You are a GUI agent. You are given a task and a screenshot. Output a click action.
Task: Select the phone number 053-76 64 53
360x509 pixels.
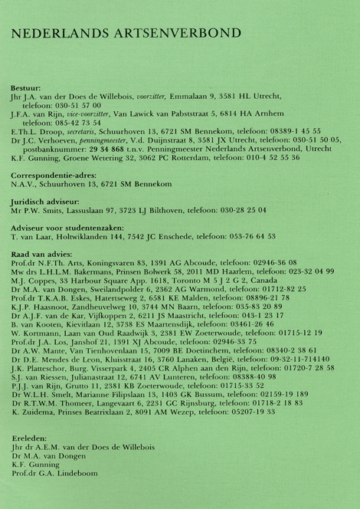(x=248, y=237)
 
